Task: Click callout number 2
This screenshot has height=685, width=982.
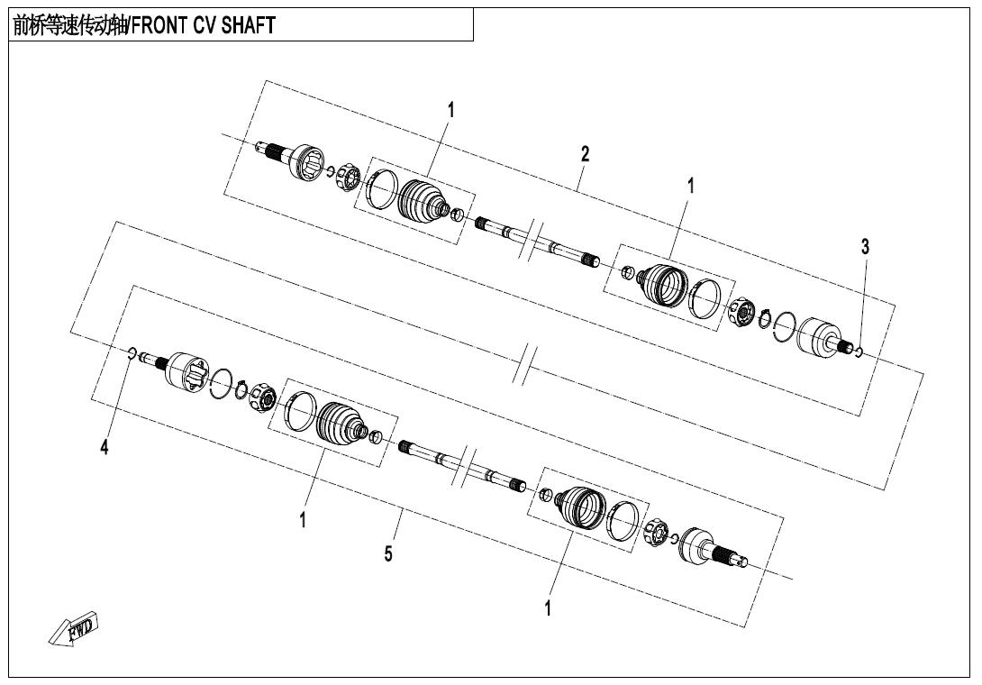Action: (x=585, y=153)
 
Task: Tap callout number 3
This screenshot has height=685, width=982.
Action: (x=865, y=246)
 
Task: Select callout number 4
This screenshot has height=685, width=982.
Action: (x=105, y=447)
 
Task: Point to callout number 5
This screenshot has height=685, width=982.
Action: (x=388, y=553)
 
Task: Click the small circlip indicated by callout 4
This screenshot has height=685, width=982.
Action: (x=132, y=353)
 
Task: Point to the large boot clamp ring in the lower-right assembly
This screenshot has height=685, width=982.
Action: (x=623, y=521)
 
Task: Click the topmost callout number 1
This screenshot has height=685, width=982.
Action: (x=450, y=110)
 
